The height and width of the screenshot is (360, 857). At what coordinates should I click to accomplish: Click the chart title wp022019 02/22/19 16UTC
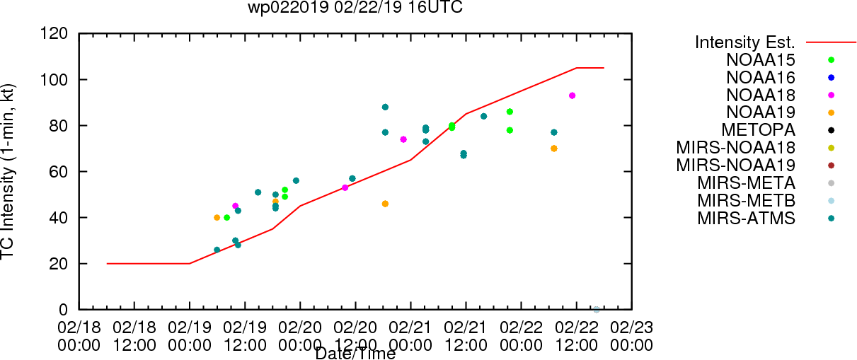point(355,7)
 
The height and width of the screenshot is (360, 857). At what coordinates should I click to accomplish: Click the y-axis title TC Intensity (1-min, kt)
point(8,172)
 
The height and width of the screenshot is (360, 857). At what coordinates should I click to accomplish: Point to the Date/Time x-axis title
point(355,354)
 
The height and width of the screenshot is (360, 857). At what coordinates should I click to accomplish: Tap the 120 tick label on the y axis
point(54,34)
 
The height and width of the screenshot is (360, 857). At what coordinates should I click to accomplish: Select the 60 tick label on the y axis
point(59,172)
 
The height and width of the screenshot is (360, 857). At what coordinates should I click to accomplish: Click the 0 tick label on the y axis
point(64,310)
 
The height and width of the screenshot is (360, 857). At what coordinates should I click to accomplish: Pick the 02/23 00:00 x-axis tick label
point(631,336)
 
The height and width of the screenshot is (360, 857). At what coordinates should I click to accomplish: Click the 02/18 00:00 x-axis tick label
point(79,336)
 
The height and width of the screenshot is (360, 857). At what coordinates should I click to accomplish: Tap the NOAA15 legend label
point(761,60)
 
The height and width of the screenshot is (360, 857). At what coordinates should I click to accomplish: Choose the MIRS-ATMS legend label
point(746,219)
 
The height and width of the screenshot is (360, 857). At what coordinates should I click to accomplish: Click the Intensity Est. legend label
point(745,42)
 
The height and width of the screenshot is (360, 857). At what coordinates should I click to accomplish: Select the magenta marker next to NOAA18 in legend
point(831,95)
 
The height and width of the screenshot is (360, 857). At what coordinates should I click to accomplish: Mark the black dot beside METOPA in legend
point(831,130)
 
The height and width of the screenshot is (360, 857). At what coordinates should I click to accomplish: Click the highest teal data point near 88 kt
point(385,107)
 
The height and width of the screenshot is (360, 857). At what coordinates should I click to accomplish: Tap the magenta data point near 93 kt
point(572,95)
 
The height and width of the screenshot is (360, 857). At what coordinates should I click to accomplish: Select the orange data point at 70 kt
point(554,149)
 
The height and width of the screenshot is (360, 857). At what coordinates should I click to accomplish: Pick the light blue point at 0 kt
point(597,310)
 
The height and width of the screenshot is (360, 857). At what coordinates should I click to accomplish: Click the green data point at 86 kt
point(510,112)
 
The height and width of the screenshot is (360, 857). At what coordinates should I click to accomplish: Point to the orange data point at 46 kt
point(385,204)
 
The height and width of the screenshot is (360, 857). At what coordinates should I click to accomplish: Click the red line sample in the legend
point(831,42)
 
